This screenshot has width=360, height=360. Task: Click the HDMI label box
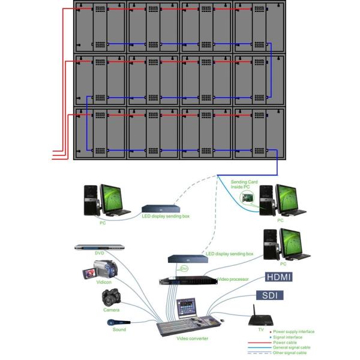[281, 278]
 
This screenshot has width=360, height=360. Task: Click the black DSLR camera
[112, 298]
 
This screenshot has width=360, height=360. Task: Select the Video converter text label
[192, 339]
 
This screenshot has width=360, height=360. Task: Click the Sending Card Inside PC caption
[245, 184]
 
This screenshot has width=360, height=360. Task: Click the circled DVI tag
[185, 268]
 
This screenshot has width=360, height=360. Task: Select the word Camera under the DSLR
[111, 310]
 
